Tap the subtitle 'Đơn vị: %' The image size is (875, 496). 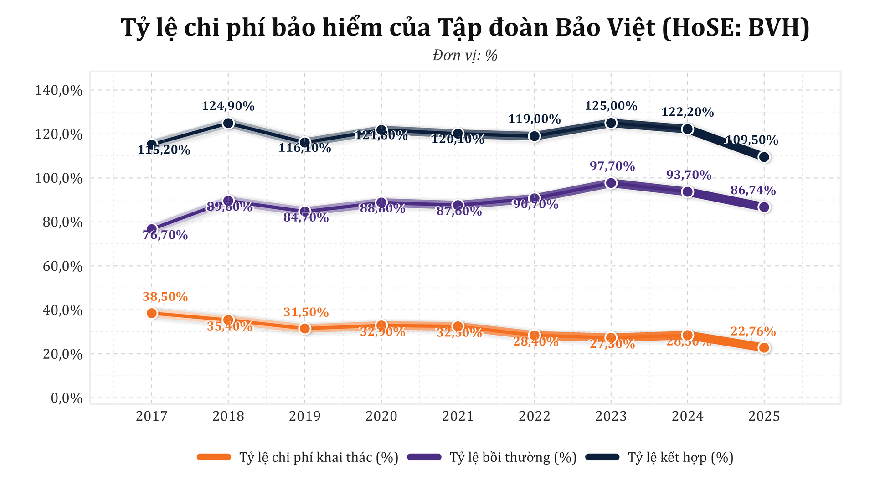465,56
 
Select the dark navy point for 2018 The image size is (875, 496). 228,123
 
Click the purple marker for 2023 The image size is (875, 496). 611,183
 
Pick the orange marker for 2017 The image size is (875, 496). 152,313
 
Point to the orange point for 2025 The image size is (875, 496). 764,348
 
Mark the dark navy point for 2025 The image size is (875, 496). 764,157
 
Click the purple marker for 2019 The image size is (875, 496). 305,212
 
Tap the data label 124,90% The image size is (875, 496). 228,106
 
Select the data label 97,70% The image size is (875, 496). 612,166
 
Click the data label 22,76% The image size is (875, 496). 753,331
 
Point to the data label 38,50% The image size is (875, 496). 165,297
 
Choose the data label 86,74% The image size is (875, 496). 753,191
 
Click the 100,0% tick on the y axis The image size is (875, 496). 59,178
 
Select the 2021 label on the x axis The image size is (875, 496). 458,416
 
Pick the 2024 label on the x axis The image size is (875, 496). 688,416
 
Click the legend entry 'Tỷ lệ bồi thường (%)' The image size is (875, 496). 513,457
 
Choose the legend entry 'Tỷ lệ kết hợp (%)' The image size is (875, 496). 680,457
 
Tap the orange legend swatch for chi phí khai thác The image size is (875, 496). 214,457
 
